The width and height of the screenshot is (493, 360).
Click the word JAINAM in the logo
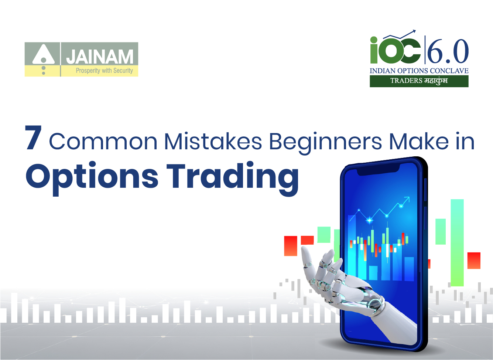[x=100, y=57]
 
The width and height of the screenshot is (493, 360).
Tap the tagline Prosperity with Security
[x=104, y=71]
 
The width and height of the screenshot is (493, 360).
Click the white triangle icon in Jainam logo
[x=44, y=55]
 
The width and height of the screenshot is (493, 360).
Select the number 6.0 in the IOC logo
[x=448, y=51]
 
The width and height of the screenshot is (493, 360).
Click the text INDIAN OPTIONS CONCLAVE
[x=419, y=71]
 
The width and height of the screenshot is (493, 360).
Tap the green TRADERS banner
[x=419, y=81]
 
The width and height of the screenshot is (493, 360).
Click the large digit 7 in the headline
[x=33, y=138]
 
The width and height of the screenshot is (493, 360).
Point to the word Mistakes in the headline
[x=213, y=142]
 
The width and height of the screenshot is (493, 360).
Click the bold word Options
[x=92, y=177]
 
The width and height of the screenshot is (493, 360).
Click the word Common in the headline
[x=103, y=142]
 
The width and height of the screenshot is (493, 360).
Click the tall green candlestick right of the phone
[x=457, y=242]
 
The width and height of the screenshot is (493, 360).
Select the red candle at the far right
[x=474, y=260]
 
